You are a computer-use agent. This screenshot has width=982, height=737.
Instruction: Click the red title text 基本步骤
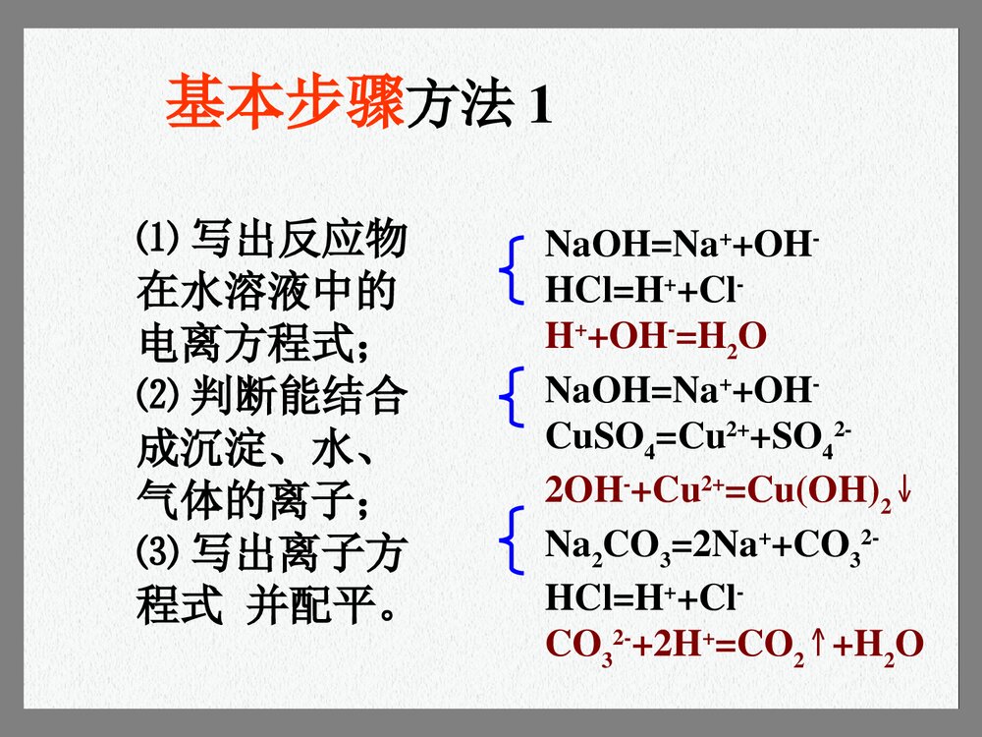click(x=284, y=103)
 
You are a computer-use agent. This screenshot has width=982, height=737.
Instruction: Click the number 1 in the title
click(x=539, y=106)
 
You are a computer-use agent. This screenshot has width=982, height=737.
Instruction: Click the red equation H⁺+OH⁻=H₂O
click(x=655, y=337)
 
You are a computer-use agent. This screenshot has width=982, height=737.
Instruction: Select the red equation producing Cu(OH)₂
click(x=717, y=490)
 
